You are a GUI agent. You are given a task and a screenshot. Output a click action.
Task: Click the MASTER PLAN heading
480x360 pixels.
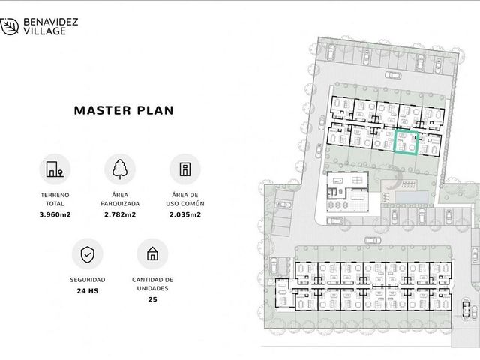point(124,110)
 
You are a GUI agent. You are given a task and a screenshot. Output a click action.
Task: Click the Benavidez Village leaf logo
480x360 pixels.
point(9,26)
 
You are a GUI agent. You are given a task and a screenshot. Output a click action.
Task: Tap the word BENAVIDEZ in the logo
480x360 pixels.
point(51,22)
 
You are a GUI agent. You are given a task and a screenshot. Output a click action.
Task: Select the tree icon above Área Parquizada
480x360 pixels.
point(120,169)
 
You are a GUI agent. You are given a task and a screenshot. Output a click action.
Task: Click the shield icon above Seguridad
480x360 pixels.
point(88,254)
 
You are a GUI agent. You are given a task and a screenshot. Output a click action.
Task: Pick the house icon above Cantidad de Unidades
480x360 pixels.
point(152,253)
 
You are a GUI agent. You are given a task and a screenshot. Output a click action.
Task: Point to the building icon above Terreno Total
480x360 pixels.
point(55,169)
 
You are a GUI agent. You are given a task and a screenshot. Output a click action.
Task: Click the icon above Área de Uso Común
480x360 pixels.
point(185,169)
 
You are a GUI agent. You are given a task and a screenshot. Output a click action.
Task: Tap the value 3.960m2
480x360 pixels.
point(55,215)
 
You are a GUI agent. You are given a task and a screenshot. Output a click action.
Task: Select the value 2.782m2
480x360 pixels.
point(120,215)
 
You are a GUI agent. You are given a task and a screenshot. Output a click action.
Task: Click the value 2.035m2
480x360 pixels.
point(185,215)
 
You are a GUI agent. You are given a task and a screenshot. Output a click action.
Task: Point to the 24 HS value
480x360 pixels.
point(88,291)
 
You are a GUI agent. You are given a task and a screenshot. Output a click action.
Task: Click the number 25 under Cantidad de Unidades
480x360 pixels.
point(153,299)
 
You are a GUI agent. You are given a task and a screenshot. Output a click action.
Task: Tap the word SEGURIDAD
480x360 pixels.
point(88,280)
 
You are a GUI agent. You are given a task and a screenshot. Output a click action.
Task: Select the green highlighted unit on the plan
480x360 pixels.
point(406,142)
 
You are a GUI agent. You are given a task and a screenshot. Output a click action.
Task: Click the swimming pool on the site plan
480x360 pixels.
point(411,196)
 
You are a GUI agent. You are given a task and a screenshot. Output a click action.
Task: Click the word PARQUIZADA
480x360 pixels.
point(120,204)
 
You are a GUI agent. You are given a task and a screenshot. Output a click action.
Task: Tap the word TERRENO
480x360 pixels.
point(55,195)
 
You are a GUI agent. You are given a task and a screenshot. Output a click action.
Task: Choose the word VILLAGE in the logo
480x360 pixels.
point(45,31)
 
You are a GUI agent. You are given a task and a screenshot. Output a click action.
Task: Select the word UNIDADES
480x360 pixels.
point(152,288)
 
